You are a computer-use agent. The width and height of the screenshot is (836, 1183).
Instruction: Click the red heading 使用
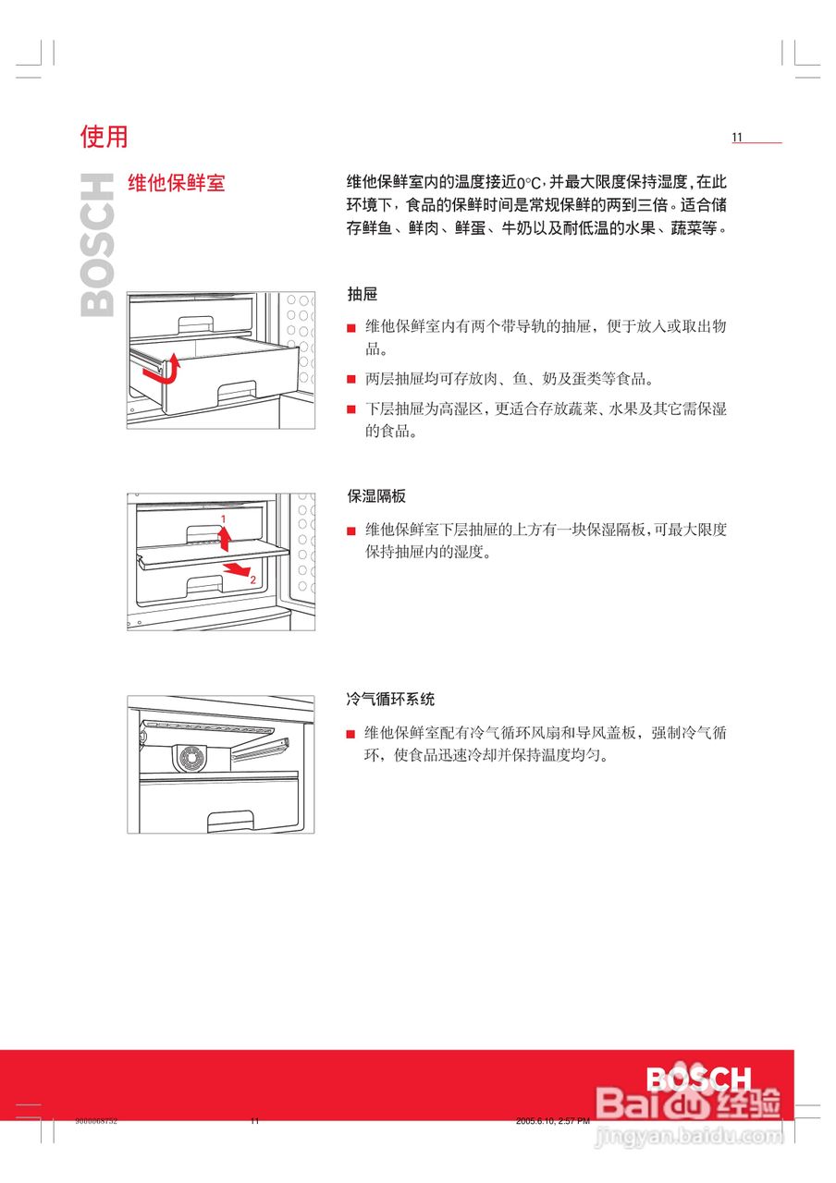(x=104, y=137)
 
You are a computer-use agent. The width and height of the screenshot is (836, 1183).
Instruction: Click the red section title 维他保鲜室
(x=176, y=182)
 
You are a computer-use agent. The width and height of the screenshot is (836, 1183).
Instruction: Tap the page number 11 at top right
(x=737, y=138)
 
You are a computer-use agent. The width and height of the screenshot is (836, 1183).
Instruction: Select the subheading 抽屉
(x=362, y=294)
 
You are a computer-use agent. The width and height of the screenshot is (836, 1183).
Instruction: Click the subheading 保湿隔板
(x=376, y=496)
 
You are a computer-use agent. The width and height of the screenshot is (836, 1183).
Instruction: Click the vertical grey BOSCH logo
(x=98, y=245)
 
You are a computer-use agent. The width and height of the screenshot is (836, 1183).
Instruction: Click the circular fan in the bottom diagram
(x=191, y=758)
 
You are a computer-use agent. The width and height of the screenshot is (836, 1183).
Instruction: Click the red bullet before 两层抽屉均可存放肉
(x=351, y=379)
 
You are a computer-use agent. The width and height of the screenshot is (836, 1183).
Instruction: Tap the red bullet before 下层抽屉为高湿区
(x=351, y=409)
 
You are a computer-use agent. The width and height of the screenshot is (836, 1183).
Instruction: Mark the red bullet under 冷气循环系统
(x=351, y=734)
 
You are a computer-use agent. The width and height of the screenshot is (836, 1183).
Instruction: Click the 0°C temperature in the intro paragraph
(x=527, y=183)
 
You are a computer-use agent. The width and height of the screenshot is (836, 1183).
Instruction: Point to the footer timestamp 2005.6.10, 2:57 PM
(x=552, y=1121)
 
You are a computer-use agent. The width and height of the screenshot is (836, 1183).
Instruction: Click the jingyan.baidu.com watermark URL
(x=689, y=1134)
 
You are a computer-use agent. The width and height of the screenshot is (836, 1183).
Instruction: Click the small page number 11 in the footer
(x=254, y=1121)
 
